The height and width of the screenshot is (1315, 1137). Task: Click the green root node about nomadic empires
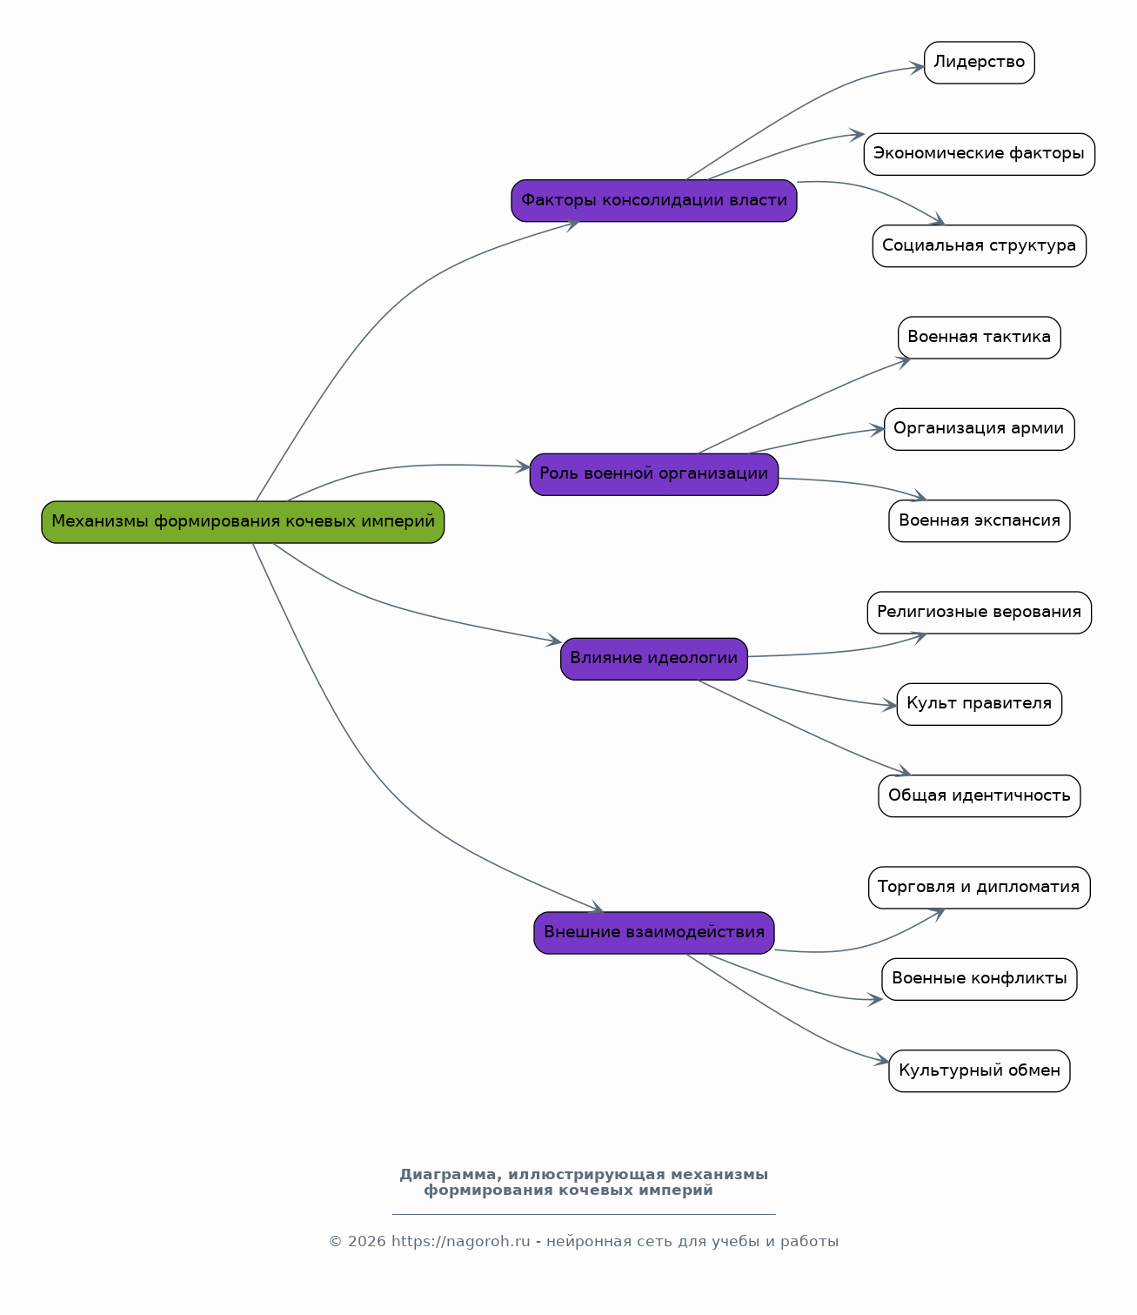pos(243,521)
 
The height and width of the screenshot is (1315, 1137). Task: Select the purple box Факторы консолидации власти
pos(653,200)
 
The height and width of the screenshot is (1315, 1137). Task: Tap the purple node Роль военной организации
pos(653,474)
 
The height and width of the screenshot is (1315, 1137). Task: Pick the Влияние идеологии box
pos(653,659)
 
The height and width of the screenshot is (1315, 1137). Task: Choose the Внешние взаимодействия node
pos(653,933)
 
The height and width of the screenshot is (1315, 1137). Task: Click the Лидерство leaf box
pos(980,63)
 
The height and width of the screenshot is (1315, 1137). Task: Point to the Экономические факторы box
pos(980,154)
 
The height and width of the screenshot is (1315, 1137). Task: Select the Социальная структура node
pos(980,245)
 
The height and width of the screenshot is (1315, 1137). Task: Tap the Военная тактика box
pos(980,338)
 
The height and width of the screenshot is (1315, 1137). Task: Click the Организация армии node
pos(980,429)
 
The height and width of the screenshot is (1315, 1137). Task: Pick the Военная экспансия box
pos(980,521)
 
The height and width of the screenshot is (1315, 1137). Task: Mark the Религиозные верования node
pos(980,613)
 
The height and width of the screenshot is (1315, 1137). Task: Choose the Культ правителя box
pos(980,704)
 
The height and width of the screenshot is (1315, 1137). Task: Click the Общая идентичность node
pos(980,795)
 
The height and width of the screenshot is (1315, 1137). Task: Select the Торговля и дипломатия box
pos(980,888)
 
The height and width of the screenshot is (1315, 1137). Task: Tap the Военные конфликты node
pos(980,979)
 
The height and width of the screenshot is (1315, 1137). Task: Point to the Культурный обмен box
pos(980,1070)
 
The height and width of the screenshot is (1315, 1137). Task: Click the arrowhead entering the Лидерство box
pos(917,67)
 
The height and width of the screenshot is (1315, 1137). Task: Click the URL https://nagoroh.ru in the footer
pos(460,1241)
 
